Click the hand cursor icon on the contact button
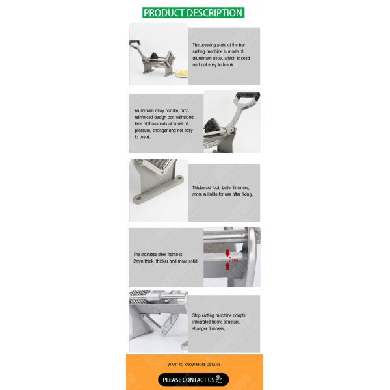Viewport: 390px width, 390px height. [x=219, y=380]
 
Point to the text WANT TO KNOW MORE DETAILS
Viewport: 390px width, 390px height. [x=194, y=365]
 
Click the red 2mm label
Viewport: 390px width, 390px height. [x=233, y=259]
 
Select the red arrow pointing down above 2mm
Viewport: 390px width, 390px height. [x=227, y=252]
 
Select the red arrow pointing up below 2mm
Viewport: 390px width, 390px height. [x=227, y=266]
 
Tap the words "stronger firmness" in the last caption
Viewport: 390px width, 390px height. [x=208, y=329]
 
